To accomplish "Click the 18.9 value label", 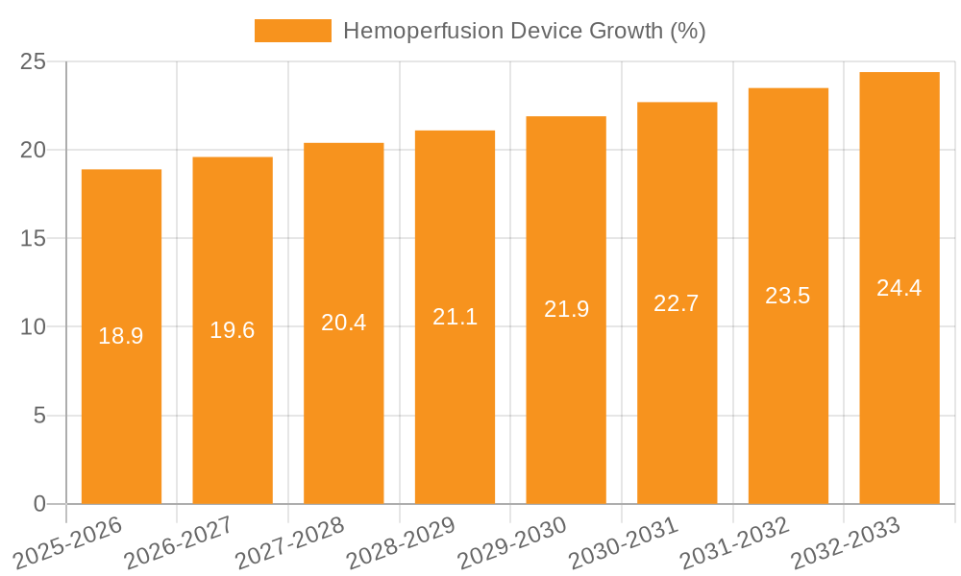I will (121, 336).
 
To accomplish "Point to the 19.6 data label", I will (233, 330).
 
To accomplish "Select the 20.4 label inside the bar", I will (344, 323).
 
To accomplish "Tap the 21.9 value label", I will (566, 309).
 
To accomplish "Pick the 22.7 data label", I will (677, 303).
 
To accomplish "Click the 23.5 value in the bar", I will (788, 296).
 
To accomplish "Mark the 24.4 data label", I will (899, 288).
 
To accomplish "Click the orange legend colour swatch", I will (292, 31).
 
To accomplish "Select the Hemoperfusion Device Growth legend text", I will (524, 31).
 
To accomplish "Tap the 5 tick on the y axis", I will (39, 416).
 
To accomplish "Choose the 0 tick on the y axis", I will (39, 504).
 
